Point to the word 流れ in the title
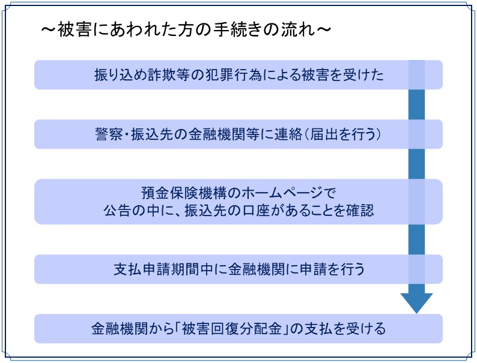point(298,29)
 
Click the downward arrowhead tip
point(416,313)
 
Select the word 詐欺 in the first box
point(161,75)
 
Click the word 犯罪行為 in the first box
point(233,75)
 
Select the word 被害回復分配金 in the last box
point(231,329)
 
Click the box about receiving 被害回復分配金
point(238,329)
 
